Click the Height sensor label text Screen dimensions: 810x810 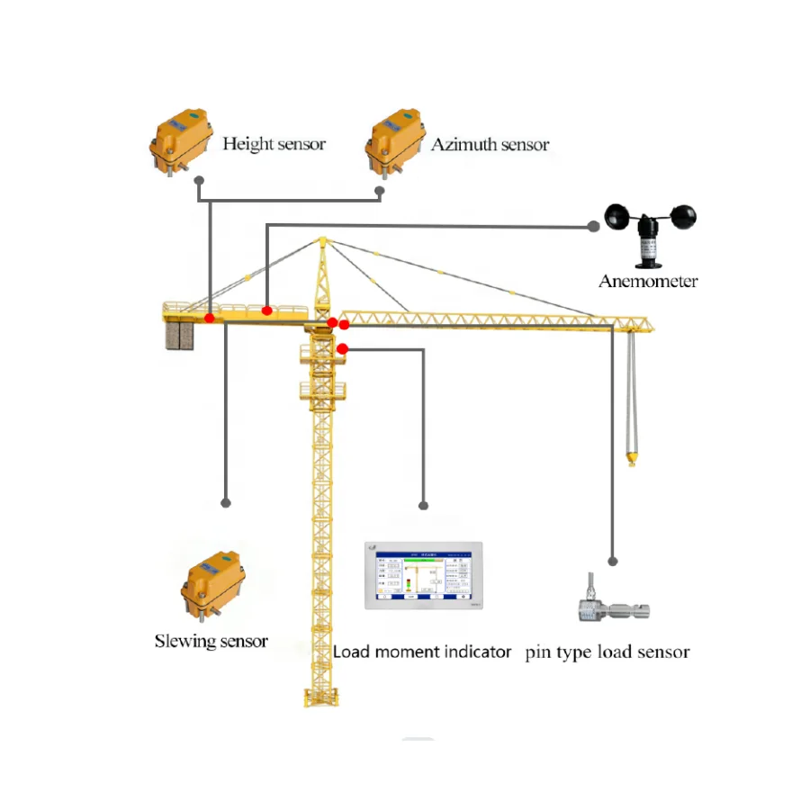pyautogui.click(x=274, y=144)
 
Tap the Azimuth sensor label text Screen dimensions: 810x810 pyautogui.click(x=490, y=144)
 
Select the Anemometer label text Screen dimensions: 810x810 pyautogui.click(x=648, y=282)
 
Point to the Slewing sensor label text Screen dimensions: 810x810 pyautogui.click(x=211, y=642)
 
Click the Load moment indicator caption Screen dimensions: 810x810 pyautogui.click(x=422, y=652)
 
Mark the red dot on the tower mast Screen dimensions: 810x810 pyautogui.click(x=342, y=348)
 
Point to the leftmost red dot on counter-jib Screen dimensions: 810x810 pyautogui.click(x=209, y=318)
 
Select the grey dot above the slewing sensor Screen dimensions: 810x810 pyautogui.click(x=226, y=503)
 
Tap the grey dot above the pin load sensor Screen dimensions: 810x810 pyautogui.click(x=613, y=561)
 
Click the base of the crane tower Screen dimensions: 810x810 pyautogui.click(x=319, y=697)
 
